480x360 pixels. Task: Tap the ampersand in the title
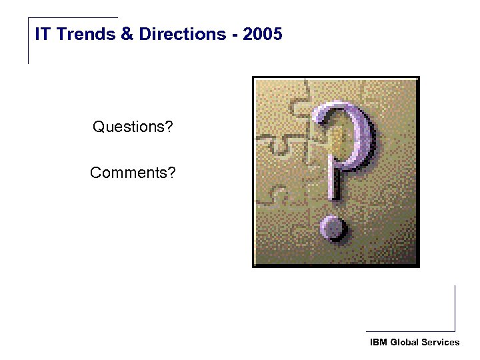[x=127, y=34]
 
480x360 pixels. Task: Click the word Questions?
[x=132, y=126]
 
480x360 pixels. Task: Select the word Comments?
[x=133, y=173]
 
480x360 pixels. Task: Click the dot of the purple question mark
[x=333, y=227]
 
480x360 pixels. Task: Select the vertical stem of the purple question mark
[x=333, y=180]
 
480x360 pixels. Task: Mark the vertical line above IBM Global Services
[x=455, y=308]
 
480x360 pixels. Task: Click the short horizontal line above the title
[x=73, y=18]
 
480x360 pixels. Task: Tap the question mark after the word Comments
[x=172, y=173]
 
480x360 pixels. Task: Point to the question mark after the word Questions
[x=168, y=126]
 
